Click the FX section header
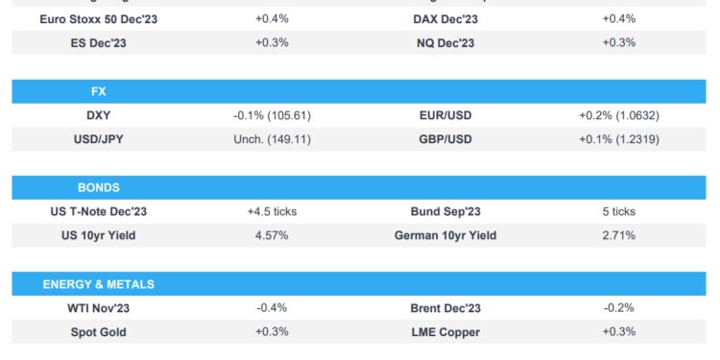click(x=98, y=91)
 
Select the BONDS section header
click(x=98, y=187)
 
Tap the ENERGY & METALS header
click(x=98, y=284)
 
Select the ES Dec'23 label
click(x=98, y=42)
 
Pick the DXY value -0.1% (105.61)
click(x=272, y=115)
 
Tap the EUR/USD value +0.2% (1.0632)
click(x=618, y=115)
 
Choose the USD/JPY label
click(x=98, y=139)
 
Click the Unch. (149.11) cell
click(x=272, y=139)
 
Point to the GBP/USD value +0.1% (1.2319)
click(x=618, y=139)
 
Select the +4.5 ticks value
click(x=272, y=211)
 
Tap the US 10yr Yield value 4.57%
click(x=272, y=235)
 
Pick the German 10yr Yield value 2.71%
click(x=618, y=235)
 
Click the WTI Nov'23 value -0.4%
click(x=272, y=308)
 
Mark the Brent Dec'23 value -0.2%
click(x=618, y=308)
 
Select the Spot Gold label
click(x=98, y=331)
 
